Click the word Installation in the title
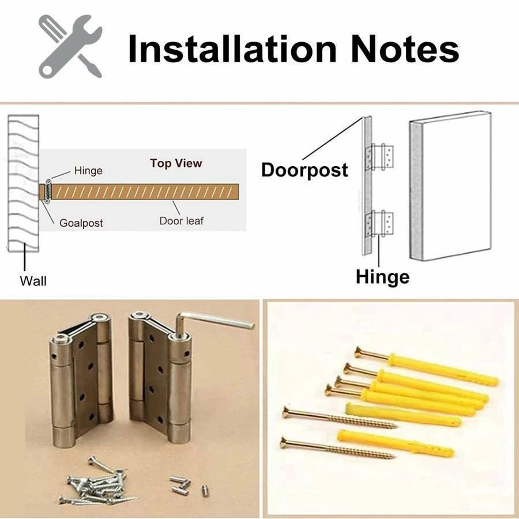[x=232, y=49]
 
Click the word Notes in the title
[x=405, y=49]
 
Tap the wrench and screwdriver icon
[x=70, y=46]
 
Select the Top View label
[x=176, y=163]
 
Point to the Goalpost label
[x=81, y=223]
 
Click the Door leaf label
[x=182, y=221]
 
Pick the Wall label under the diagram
[x=33, y=281]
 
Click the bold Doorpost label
[x=304, y=170]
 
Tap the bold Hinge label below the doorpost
[x=383, y=277]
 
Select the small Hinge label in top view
[x=88, y=171]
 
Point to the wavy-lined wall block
[x=23, y=183]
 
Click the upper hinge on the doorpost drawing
[x=379, y=157]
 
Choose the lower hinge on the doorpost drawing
[x=379, y=223]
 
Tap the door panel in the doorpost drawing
[x=450, y=186]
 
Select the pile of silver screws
[x=98, y=482]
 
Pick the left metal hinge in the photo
[x=81, y=379]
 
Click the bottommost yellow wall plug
[x=396, y=444]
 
